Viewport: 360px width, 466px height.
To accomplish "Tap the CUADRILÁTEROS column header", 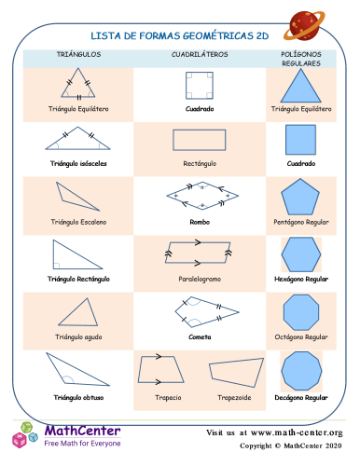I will [x=199, y=56].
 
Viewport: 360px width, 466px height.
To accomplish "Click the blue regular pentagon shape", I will [x=300, y=198].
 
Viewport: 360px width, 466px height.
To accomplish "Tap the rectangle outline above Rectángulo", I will [x=199, y=140].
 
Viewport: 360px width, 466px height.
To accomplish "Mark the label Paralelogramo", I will [x=199, y=279].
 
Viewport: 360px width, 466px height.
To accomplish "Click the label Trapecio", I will [x=169, y=398].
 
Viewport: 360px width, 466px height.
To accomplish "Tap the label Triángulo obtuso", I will [x=79, y=398].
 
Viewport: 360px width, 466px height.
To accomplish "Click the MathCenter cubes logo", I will [x=25, y=435].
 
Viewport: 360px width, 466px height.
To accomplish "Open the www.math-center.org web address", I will [x=298, y=433].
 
